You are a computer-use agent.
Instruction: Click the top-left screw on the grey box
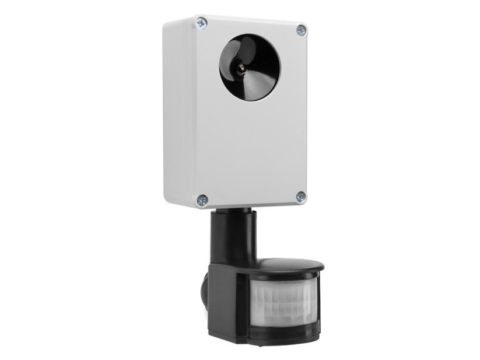[x=201, y=22]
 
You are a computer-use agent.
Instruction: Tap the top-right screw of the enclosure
[x=301, y=30]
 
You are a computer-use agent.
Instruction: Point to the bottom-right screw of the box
[x=300, y=197]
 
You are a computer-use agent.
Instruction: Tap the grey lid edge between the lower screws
[x=251, y=204]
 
